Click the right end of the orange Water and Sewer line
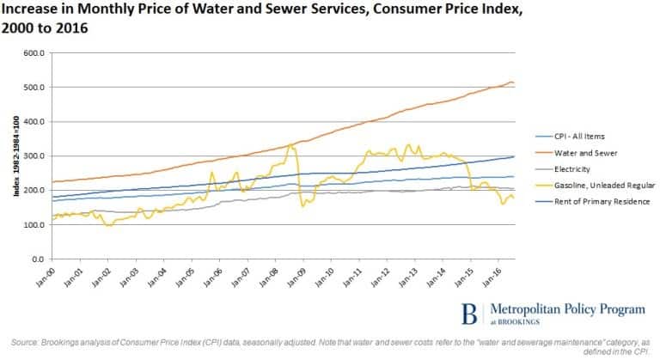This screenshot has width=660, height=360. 514,83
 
